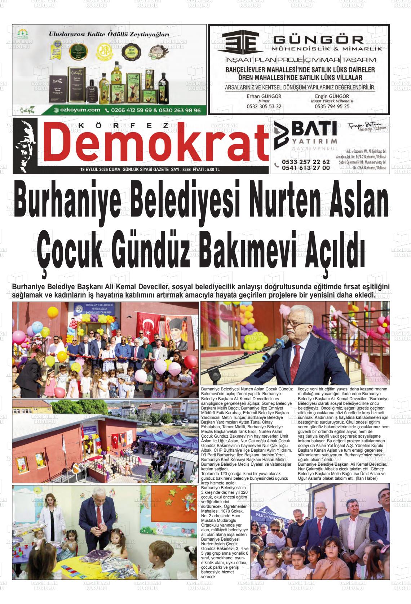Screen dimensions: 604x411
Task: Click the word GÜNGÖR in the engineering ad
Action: pyautogui.click(x=318, y=39)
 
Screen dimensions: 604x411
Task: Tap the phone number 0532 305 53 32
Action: pyautogui.click(x=264, y=107)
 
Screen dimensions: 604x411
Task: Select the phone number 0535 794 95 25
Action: pyautogui.click(x=332, y=107)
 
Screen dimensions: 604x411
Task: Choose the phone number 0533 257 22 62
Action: pyautogui.click(x=306, y=162)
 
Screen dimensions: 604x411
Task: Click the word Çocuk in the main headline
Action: pyautogui.click(x=72, y=249)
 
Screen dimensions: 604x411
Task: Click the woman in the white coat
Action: pyautogui.click(x=49, y=515)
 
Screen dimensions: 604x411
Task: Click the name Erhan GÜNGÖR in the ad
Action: pyautogui.click(x=264, y=96)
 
